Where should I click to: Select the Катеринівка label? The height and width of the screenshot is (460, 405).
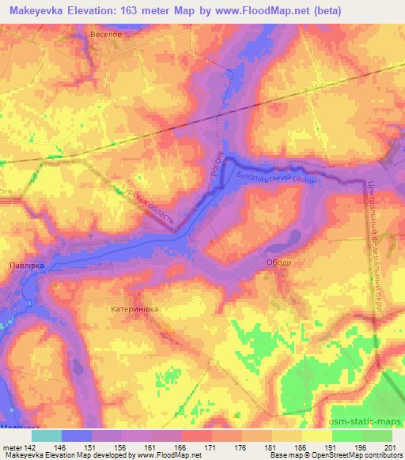coord(135,310)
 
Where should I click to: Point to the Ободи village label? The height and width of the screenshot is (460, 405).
coord(279,263)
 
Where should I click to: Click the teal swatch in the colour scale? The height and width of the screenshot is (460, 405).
coord(47,435)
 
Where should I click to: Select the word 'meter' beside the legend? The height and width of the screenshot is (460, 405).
coord(11,446)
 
